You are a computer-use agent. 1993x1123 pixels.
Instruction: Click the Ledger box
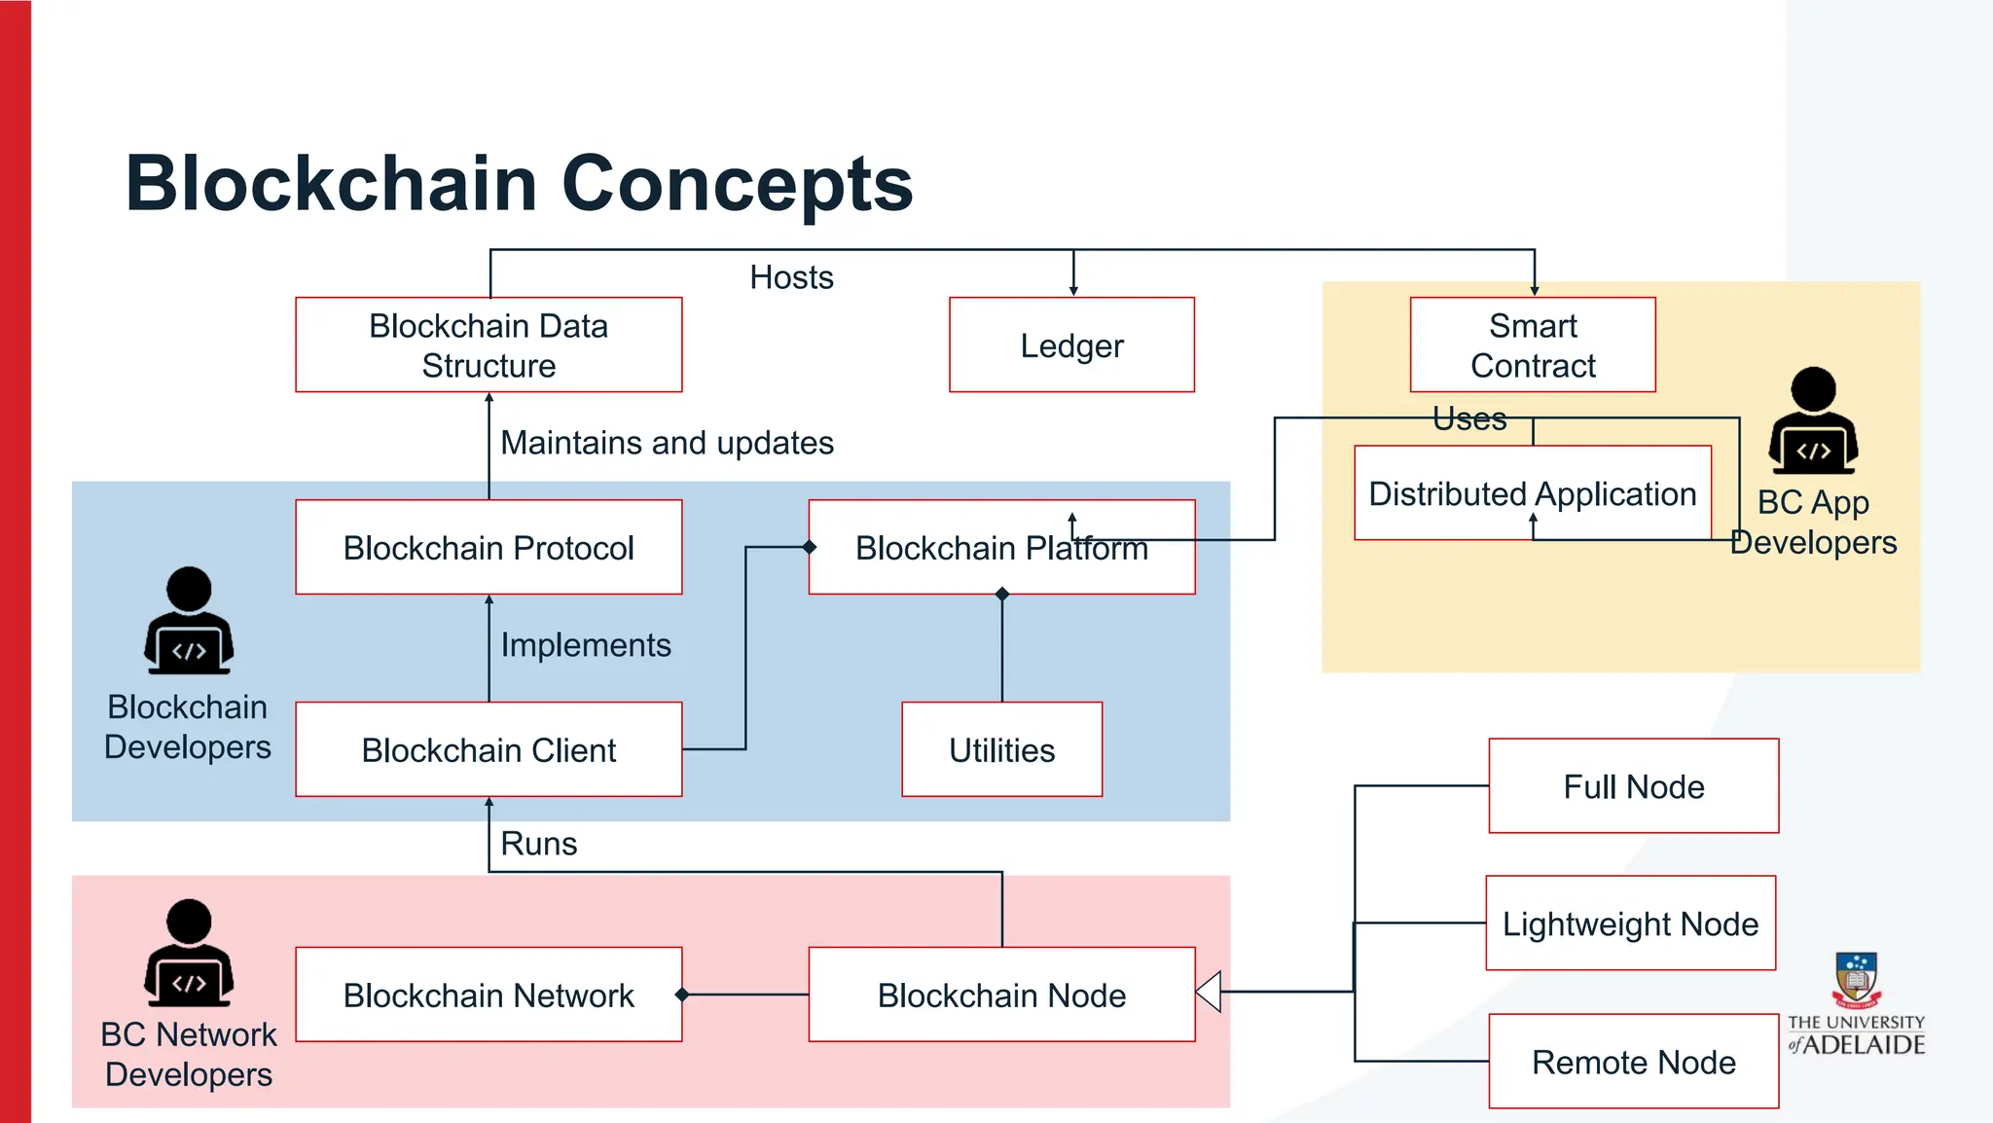coord(1071,345)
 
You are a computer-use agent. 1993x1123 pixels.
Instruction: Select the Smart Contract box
coord(1532,345)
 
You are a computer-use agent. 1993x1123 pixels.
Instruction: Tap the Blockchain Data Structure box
coord(489,345)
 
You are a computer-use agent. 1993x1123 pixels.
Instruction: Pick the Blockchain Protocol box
coord(489,548)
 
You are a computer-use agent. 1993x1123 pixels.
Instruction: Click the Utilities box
coord(1001,750)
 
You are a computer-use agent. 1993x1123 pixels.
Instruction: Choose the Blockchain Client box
coord(489,750)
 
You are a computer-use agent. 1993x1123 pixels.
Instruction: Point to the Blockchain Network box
coord(489,996)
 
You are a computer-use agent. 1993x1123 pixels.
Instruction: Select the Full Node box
coord(1633,786)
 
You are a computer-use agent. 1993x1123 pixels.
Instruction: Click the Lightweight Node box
coord(1630,924)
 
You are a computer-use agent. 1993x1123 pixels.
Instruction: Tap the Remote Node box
coord(1633,1062)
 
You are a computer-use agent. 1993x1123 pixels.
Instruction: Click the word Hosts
coord(791,278)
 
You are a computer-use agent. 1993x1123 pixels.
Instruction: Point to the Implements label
coord(586,645)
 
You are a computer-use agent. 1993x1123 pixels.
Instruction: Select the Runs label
coord(538,844)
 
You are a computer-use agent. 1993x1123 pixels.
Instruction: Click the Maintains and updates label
coord(667,443)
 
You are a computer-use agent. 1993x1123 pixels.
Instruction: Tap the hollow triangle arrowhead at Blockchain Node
coord(1210,992)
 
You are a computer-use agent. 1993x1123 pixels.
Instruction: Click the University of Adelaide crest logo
coord(1856,979)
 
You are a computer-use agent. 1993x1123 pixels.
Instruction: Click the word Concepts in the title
coord(737,184)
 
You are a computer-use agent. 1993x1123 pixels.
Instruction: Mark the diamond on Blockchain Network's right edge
coord(682,995)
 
